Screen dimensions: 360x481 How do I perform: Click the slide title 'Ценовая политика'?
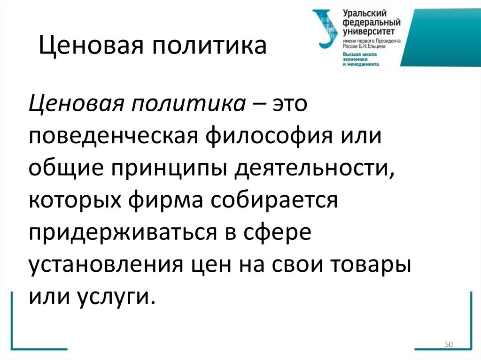pos(152,47)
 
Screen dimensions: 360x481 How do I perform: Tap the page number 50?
pos(448,345)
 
